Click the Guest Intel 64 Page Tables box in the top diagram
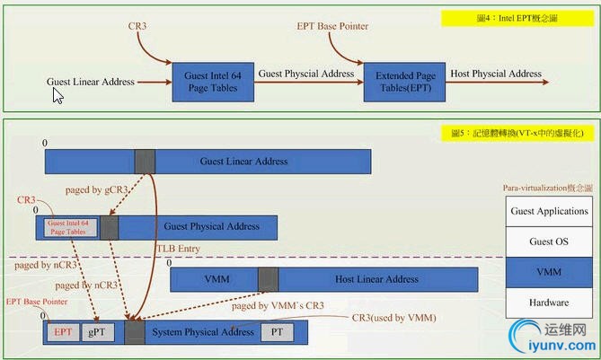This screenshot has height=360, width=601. [x=214, y=83]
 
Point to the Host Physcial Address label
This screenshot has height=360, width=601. [x=496, y=74]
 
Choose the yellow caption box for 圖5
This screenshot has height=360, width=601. [x=518, y=133]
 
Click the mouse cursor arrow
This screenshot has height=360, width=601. [x=57, y=95]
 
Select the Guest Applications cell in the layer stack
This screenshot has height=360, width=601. [x=549, y=212]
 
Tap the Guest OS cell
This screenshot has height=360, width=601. [x=549, y=242]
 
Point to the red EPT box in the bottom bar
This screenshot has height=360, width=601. [x=63, y=332]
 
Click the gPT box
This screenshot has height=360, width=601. [x=97, y=332]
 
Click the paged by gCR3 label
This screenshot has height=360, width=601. [x=97, y=189]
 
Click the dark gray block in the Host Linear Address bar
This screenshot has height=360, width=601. [x=268, y=279]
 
